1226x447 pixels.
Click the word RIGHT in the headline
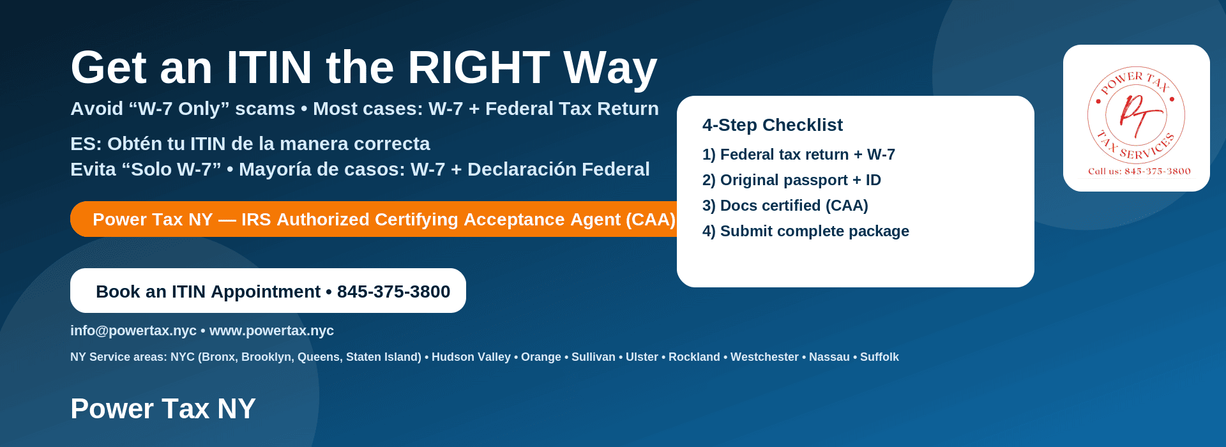[x=478, y=68]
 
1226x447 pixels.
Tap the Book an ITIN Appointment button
[x=268, y=291]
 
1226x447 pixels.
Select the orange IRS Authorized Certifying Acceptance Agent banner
[x=377, y=219]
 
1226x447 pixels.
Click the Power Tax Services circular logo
[x=1137, y=116]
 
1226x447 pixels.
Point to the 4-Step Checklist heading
[x=772, y=125]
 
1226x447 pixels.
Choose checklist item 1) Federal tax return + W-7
[x=798, y=155]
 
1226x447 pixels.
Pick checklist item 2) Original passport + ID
[x=791, y=180]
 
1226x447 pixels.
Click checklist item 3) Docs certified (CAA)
[x=785, y=206]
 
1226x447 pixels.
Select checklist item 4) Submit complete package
[x=805, y=231]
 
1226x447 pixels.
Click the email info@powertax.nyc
[x=133, y=331]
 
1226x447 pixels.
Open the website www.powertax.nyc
[x=271, y=331]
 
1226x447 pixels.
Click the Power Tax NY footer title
[x=163, y=409]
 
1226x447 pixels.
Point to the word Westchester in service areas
[x=764, y=357]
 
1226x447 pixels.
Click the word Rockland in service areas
[x=694, y=357]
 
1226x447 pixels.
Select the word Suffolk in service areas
[x=879, y=357]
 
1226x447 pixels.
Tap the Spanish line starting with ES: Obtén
[x=250, y=144]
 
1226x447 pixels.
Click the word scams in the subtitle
[x=265, y=109]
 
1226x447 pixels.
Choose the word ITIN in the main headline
[x=269, y=68]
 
